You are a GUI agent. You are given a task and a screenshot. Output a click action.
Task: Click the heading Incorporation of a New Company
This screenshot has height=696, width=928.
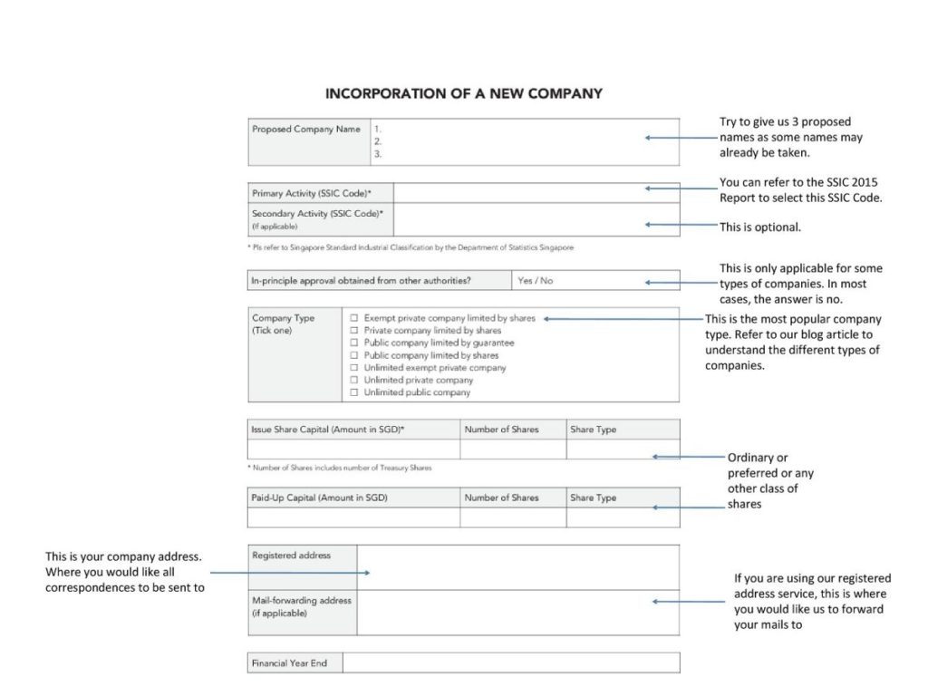463,93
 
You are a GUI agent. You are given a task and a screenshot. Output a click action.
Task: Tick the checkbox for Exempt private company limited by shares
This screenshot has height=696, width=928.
354,318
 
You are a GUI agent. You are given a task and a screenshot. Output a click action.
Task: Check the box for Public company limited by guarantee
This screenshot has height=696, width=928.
354,343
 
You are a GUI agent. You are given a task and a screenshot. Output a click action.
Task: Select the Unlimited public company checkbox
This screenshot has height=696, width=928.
354,392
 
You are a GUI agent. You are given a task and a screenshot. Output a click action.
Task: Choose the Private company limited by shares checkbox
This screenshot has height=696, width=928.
354,331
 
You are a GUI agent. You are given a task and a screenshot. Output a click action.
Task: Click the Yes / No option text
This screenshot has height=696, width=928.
535,281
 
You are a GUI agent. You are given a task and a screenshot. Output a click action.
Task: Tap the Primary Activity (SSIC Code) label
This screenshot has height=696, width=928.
311,194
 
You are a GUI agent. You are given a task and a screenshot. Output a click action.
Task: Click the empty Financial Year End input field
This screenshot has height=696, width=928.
510,663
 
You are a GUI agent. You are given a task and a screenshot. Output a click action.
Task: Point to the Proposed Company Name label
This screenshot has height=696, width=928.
306,130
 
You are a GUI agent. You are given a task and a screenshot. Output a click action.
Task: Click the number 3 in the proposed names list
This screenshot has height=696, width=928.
378,154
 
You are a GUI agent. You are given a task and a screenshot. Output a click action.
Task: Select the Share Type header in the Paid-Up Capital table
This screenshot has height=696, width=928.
593,498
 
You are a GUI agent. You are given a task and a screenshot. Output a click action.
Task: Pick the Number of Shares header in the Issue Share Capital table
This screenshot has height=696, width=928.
501,430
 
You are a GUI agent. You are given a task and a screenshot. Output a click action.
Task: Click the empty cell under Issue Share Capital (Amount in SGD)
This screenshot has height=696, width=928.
353,449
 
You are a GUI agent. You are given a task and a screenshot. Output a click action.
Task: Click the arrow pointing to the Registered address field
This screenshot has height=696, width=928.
290,573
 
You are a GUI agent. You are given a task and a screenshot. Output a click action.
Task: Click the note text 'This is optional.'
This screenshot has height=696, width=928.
760,227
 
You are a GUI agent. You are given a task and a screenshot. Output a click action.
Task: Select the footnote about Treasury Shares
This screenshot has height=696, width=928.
340,469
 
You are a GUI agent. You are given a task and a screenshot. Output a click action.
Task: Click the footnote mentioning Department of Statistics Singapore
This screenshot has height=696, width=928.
411,247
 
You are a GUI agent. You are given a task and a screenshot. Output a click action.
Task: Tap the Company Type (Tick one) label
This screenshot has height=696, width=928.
283,324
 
